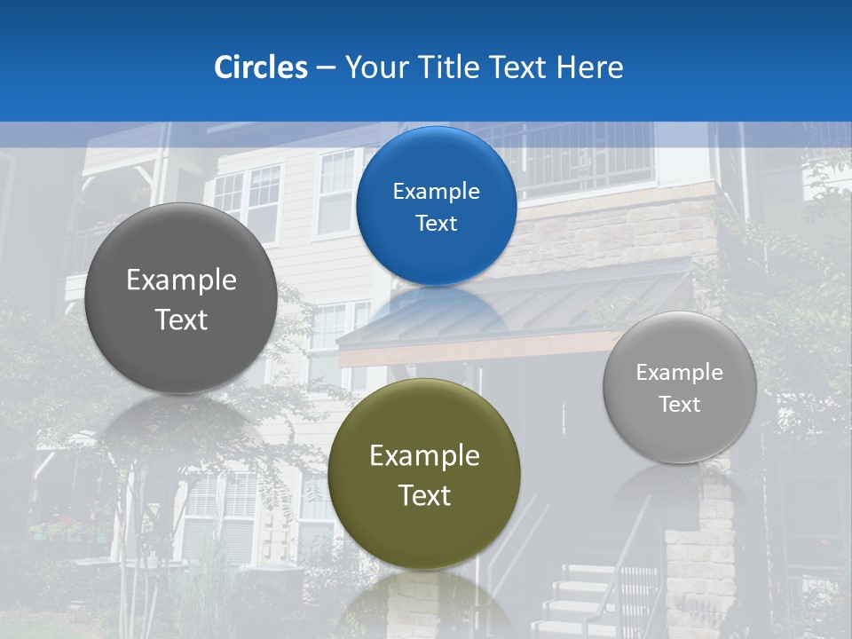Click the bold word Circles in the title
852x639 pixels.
coord(261,67)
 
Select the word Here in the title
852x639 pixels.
coord(590,67)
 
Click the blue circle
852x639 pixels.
coord(436,206)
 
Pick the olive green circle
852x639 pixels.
coord(424,474)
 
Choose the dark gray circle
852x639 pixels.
coord(181,298)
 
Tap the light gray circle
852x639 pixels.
coord(679,388)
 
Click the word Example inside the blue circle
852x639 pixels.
coord(436,191)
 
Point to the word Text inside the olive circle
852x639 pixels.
coord(424,495)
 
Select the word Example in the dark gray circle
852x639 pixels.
coord(181,280)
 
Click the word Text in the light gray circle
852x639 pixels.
coord(679,405)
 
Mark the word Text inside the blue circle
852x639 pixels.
coord(436,223)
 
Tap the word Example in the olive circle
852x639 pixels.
coord(424,455)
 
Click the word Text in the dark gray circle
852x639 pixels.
coord(181,319)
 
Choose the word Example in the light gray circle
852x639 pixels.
coord(679,373)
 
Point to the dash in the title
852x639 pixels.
coord(326,68)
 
